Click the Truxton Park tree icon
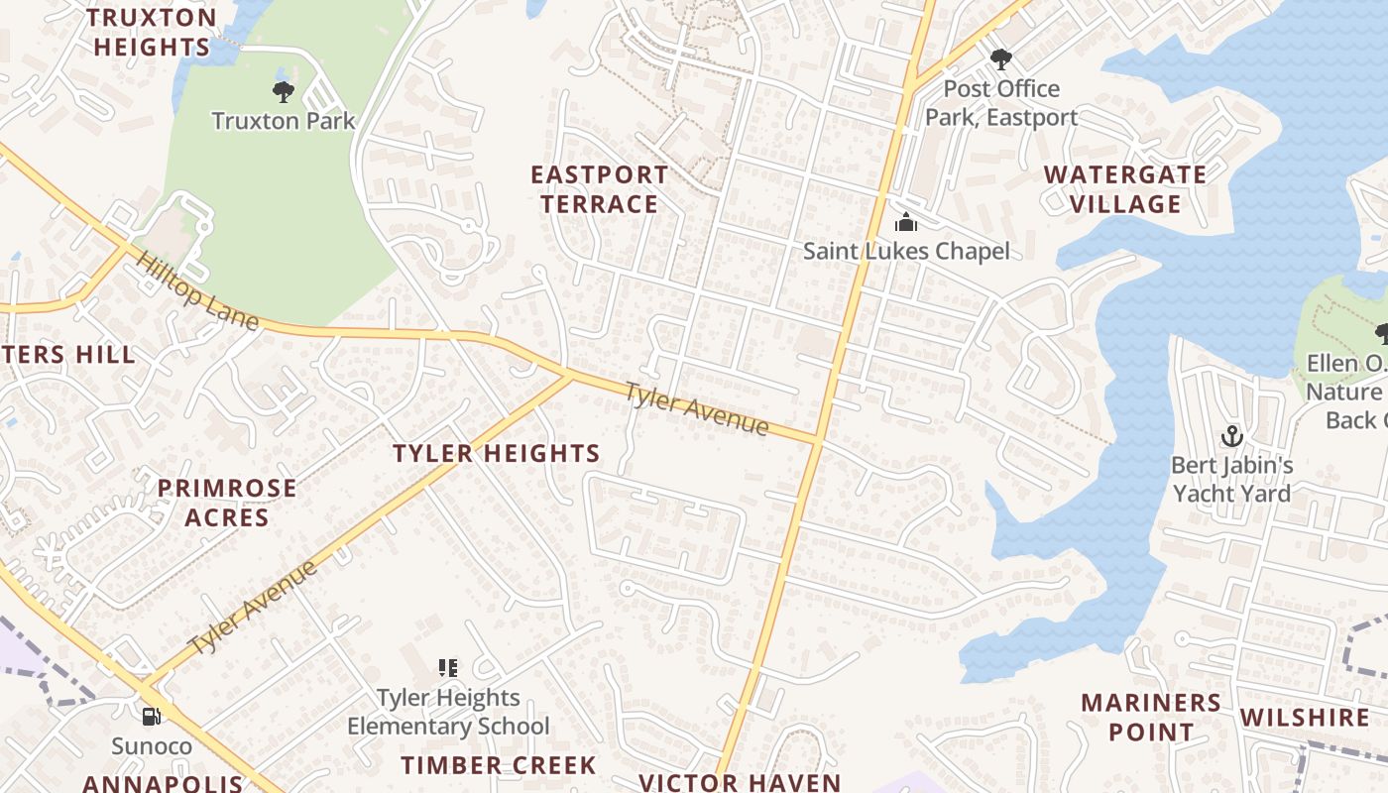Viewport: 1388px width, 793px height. (x=284, y=93)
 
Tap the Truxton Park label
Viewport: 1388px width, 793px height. (x=284, y=121)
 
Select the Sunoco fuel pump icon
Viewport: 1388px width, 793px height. (x=152, y=716)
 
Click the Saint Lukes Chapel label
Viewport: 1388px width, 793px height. (x=906, y=251)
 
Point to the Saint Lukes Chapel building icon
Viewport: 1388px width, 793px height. (x=905, y=222)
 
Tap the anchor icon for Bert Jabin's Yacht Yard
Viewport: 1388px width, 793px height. (x=1231, y=436)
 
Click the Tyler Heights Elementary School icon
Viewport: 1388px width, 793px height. (x=448, y=669)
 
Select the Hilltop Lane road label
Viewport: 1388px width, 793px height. (x=197, y=291)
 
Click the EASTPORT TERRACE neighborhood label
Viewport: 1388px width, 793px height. (x=599, y=189)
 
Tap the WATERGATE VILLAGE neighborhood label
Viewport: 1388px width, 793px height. (x=1125, y=189)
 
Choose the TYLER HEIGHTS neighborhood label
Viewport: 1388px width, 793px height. (x=496, y=454)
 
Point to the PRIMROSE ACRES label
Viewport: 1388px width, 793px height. (x=227, y=503)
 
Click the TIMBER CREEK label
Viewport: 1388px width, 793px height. (x=499, y=765)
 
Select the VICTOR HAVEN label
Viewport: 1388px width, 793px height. (x=740, y=782)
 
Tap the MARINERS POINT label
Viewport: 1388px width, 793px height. (x=1151, y=718)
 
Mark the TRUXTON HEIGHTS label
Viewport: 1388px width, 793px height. (x=152, y=32)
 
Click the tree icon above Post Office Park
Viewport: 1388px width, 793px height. (x=1000, y=59)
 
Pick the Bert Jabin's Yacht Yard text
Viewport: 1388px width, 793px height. (x=1231, y=479)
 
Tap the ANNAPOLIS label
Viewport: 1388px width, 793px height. (x=162, y=783)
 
